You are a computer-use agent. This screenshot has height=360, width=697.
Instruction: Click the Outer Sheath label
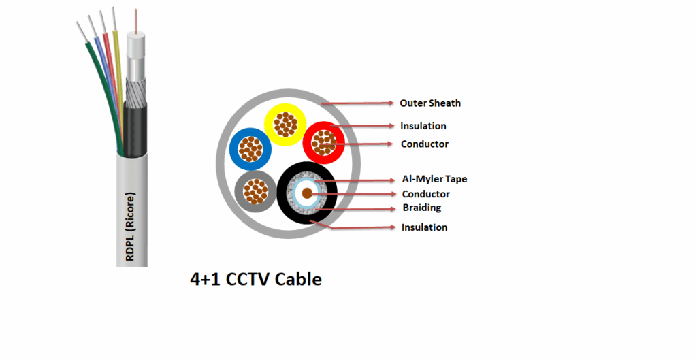(430, 103)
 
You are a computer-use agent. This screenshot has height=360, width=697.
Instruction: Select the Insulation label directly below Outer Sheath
(423, 126)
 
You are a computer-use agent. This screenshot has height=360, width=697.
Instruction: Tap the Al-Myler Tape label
(434, 180)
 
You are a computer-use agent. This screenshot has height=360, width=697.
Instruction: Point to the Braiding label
(422, 208)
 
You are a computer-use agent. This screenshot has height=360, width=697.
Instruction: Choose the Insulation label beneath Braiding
(425, 227)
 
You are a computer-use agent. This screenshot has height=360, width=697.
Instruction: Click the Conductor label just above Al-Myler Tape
(425, 144)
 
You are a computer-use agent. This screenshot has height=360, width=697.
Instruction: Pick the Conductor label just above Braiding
(425, 195)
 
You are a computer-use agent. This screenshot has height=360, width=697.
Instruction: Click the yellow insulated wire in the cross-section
(284, 125)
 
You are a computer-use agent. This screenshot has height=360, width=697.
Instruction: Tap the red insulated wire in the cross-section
(322, 142)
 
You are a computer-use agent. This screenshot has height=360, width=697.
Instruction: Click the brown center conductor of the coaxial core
(307, 193)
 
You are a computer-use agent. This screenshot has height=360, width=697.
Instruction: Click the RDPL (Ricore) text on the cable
(131, 225)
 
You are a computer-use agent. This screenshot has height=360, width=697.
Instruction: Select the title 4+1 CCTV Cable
(255, 279)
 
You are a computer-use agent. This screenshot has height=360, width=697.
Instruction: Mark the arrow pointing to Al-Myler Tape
(354, 180)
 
